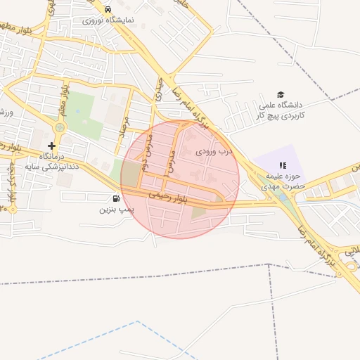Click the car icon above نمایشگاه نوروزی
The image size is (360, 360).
tap(107, 10)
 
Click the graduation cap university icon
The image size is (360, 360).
tap(281, 95)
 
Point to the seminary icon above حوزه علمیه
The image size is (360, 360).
tap(283, 165)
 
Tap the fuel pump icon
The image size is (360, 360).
tap(115, 198)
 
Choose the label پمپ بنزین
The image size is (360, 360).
tap(115, 209)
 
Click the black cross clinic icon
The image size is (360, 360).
tap(51, 145)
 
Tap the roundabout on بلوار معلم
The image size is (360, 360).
tap(59, 128)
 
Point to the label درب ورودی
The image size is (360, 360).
tap(213, 151)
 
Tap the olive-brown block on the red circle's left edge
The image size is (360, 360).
tap(130, 175)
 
